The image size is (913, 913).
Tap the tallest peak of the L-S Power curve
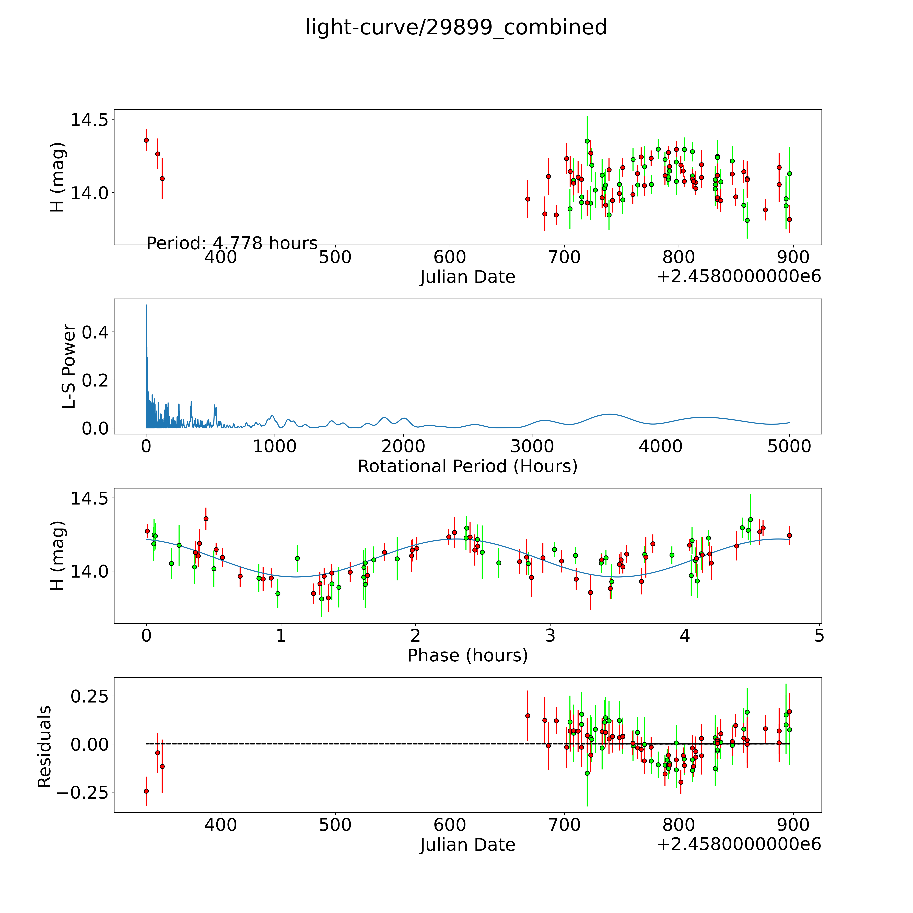[146, 305]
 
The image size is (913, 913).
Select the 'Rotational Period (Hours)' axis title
[467, 466]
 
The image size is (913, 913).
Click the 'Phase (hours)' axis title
[467, 656]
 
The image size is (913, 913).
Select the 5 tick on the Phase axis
[819, 636]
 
